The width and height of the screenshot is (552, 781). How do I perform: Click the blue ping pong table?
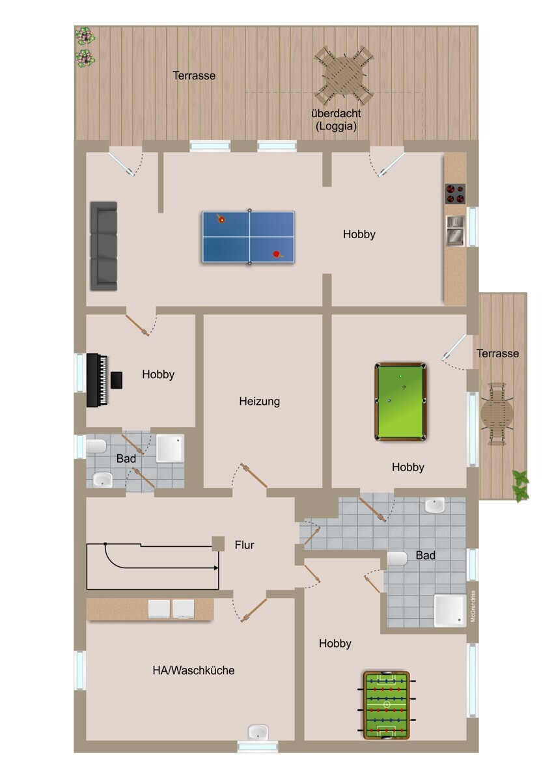[x=249, y=237]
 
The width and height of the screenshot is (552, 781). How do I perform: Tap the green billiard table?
[x=401, y=402]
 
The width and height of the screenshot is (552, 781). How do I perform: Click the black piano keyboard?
[x=97, y=380]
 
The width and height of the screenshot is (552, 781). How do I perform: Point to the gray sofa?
[x=103, y=246]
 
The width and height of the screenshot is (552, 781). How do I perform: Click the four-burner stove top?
[x=455, y=194]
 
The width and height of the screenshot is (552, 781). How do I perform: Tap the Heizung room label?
[x=260, y=402]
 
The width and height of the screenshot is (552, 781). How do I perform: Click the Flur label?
[x=244, y=545]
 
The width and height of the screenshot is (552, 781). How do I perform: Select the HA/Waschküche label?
[x=193, y=670]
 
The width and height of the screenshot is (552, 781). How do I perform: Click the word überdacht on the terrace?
[x=336, y=113]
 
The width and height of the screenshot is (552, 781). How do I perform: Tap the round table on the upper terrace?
[x=344, y=75]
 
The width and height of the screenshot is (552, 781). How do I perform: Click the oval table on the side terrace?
[x=497, y=414]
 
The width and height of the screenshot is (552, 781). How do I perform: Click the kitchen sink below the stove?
[x=456, y=231]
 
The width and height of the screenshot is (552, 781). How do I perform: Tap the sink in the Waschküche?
[x=258, y=731]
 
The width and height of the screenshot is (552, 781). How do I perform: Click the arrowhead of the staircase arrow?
[x=216, y=568]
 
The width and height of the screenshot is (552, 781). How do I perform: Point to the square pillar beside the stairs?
[x=218, y=544]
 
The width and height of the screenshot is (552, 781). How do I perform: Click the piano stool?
[x=117, y=380]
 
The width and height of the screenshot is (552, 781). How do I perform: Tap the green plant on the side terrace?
[x=521, y=486]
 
